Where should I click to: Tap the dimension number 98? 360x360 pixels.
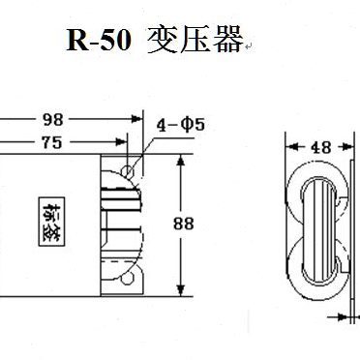tap(54, 120)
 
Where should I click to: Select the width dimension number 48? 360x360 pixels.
tap(319, 150)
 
